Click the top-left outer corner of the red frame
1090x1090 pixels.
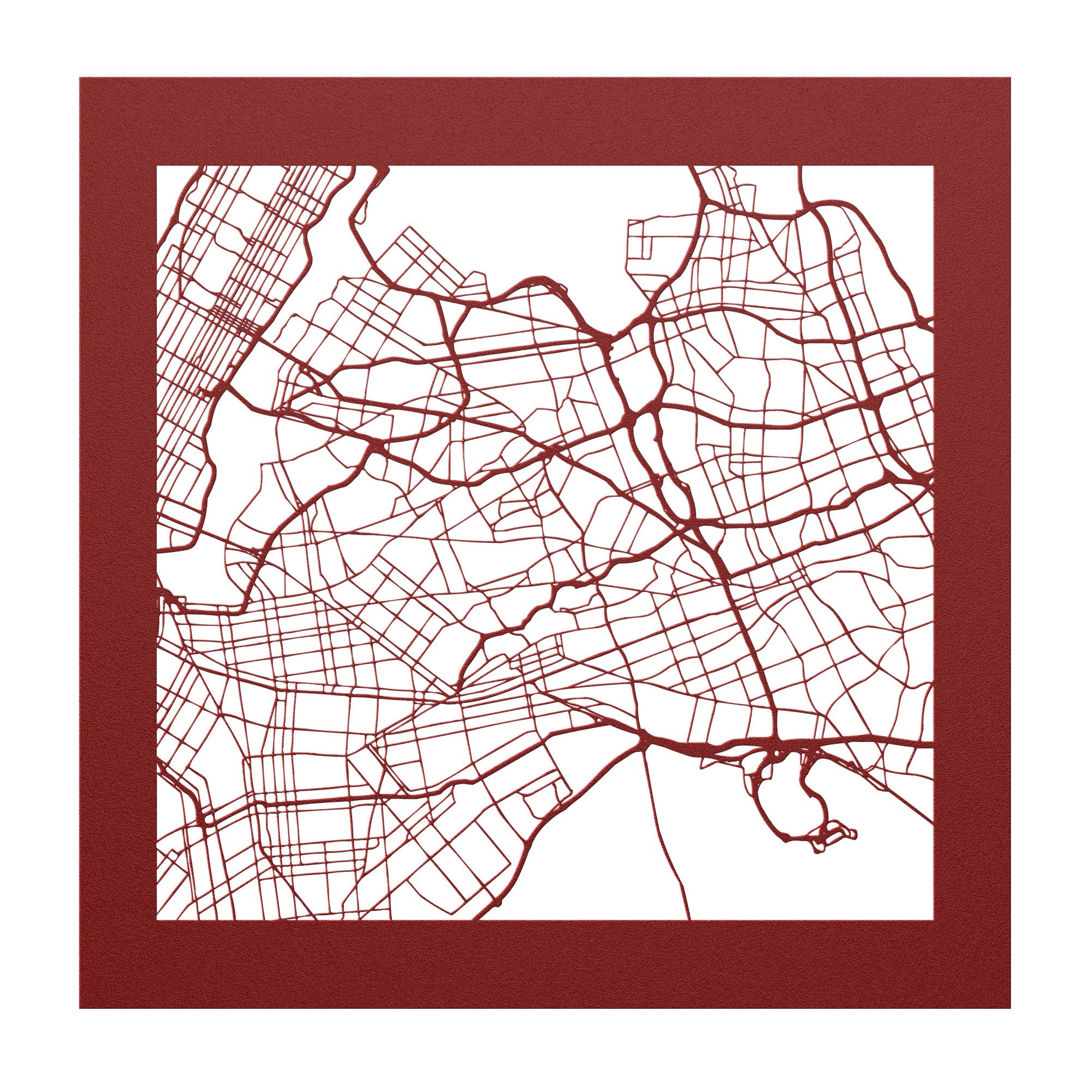pyautogui.click(x=80, y=78)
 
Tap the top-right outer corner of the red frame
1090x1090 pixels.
pyautogui.click(x=1010, y=78)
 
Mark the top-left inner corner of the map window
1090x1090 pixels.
pyautogui.click(x=157, y=166)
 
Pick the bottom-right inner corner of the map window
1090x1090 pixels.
pyautogui.click(x=932, y=920)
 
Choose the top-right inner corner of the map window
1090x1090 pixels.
pyautogui.click(x=932, y=166)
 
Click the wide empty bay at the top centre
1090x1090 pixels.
pyautogui.click(x=536, y=220)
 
